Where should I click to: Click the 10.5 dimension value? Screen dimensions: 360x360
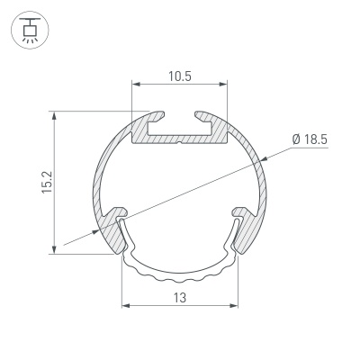179,76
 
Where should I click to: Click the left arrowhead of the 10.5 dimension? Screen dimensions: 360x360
137,86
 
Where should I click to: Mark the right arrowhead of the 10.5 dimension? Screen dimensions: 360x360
222,86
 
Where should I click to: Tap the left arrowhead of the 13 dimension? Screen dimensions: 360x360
126,306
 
